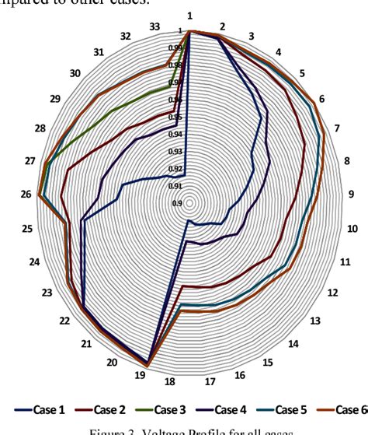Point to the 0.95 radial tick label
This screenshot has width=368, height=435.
click(x=176, y=117)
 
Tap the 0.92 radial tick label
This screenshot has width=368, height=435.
click(x=176, y=169)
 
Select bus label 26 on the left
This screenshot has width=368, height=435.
click(x=26, y=195)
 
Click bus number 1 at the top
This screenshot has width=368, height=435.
click(x=189, y=16)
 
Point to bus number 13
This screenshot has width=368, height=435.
click(x=314, y=321)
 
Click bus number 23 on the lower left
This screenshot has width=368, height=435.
click(x=47, y=293)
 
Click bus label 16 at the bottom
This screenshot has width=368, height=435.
click(x=239, y=375)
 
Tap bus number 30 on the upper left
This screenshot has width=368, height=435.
click(x=75, y=73)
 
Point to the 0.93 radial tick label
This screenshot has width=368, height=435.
click(x=176, y=151)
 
